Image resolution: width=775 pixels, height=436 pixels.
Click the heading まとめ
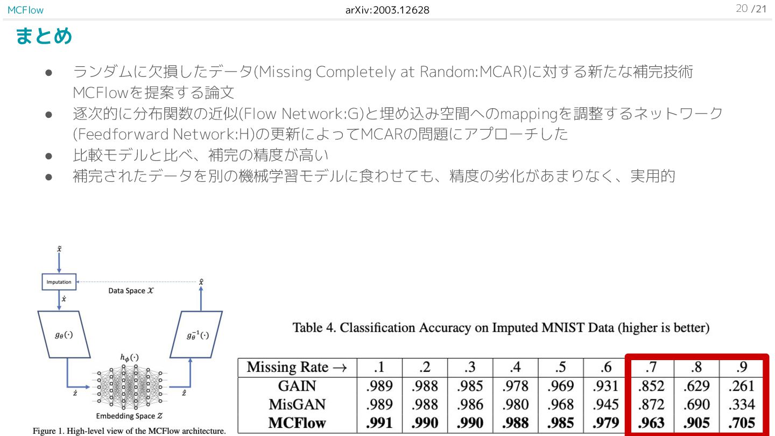(x=44, y=37)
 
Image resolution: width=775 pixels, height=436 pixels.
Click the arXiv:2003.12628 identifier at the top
(x=387, y=10)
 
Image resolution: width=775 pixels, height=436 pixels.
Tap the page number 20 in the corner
(x=742, y=9)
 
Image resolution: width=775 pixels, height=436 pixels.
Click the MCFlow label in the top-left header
(x=25, y=10)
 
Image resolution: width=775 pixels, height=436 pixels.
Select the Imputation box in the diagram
(x=59, y=282)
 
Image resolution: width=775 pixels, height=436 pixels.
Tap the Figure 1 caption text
(x=129, y=431)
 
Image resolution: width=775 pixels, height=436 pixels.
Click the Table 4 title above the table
(x=501, y=328)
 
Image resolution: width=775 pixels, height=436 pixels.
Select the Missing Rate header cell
(x=297, y=368)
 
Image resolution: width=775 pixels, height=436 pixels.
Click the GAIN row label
(x=297, y=386)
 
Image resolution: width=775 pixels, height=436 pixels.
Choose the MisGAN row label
(x=297, y=404)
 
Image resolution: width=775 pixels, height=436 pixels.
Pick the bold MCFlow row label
(x=297, y=423)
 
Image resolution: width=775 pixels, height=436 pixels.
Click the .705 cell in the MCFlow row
(x=741, y=423)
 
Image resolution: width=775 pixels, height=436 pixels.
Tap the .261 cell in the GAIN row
(x=741, y=386)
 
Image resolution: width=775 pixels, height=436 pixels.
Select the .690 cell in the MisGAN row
(x=696, y=404)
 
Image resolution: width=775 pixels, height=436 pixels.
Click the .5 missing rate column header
(x=560, y=368)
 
